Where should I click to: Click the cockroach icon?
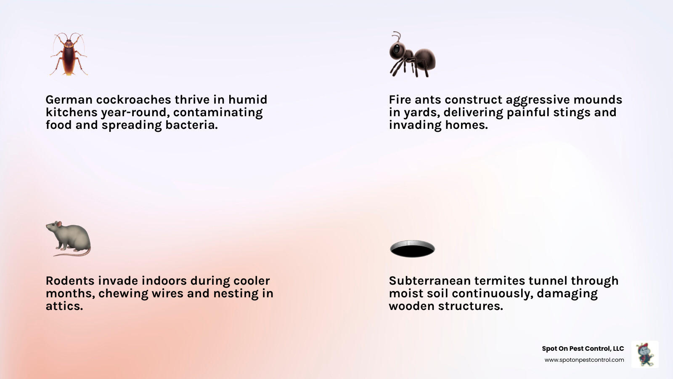pyautogui.click(x=69, y=54)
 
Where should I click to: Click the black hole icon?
pyautogui.click(x=412, y=249)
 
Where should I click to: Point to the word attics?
pyautogui.click(x=64, y=306)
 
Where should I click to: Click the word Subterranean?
pyautogui.click(x=429, y=281)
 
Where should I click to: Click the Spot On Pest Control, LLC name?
pyautogui.click(x=583, y=349)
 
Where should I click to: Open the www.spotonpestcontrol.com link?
pyautogui.click(x=584, y=360)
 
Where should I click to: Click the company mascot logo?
pyautogui.click(x=645, y=354)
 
